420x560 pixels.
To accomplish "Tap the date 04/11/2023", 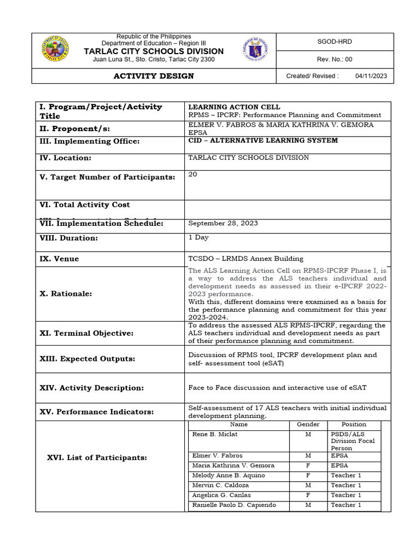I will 371,76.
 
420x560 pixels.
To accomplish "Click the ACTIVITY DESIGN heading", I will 153,76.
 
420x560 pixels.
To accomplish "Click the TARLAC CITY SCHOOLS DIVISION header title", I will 153,51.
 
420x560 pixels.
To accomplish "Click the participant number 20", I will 192,174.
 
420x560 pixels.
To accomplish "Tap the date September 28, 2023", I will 223,223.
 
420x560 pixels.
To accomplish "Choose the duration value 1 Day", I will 199,237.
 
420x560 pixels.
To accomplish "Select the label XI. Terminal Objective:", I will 86,333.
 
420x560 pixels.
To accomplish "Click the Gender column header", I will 308,424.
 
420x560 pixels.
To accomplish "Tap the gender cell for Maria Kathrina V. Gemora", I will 308,465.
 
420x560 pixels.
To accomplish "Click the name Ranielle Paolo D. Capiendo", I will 234,505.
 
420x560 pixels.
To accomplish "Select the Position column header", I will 354,424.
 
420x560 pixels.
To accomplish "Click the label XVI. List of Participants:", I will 97,457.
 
